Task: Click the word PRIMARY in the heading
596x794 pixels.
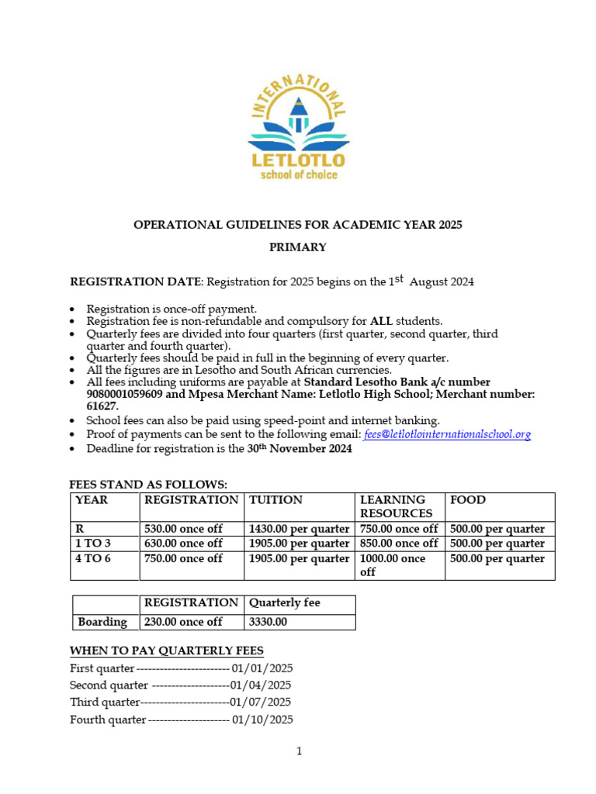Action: (x=298, y=247)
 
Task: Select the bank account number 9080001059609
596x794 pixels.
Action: (x=125, y=394)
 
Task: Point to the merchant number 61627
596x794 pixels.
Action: (x=102, y=406)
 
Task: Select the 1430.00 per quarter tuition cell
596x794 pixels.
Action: (x=299, y=529)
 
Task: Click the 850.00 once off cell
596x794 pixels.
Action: (x=399, y=544)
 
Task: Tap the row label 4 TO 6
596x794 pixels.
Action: (x=93, y=558)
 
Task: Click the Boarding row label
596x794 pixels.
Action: (x=102, y=622)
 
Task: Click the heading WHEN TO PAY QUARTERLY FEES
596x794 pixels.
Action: (x=167, y=651)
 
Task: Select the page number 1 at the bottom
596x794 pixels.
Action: (x=299, y=751)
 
